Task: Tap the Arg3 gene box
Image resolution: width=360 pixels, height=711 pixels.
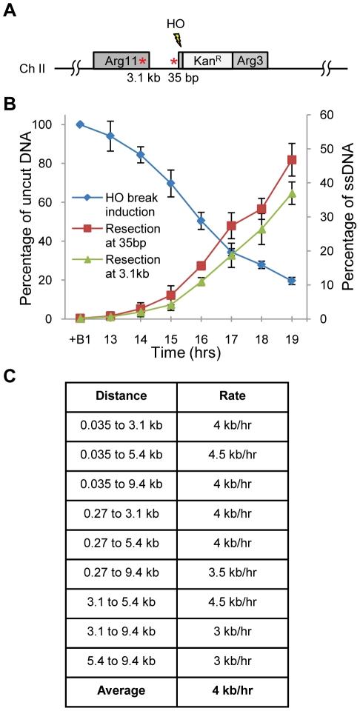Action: coord(250,61)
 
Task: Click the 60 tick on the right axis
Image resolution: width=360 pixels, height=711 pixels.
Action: coord(323,115)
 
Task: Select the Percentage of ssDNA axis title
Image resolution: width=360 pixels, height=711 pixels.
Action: coord(346,216)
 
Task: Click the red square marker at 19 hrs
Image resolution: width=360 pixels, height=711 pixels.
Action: coord(292,160)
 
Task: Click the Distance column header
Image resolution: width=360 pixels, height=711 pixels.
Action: coord(121,395)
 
